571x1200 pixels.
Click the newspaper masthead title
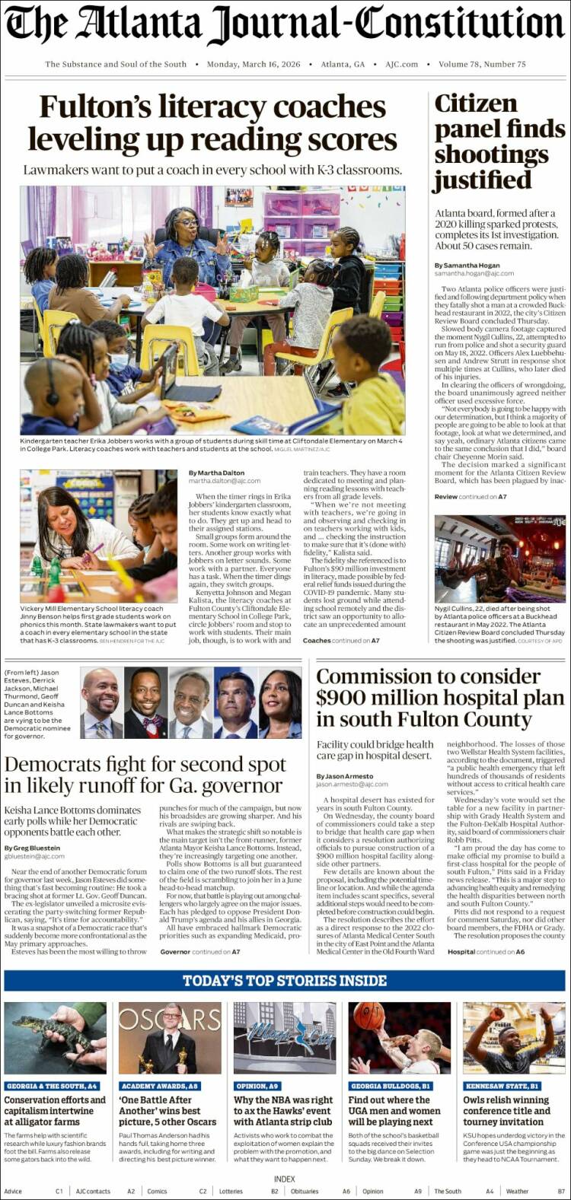point(285,26)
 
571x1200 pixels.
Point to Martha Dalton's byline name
point(216,473)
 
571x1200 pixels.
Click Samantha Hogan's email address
point(474,273)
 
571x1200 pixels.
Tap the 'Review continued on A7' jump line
point(470,497)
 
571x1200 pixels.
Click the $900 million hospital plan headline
point(440,698)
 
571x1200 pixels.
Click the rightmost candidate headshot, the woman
point(280,703)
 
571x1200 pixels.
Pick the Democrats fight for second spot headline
point(145,775)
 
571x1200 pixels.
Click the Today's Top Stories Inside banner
point(285,981)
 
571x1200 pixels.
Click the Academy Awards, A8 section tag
point(160,1086)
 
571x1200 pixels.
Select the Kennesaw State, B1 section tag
point(502,1086)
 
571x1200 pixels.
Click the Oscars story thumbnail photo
point(170,1038)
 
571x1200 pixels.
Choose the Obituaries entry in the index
point(305,1191)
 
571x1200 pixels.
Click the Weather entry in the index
point(517,1191)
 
